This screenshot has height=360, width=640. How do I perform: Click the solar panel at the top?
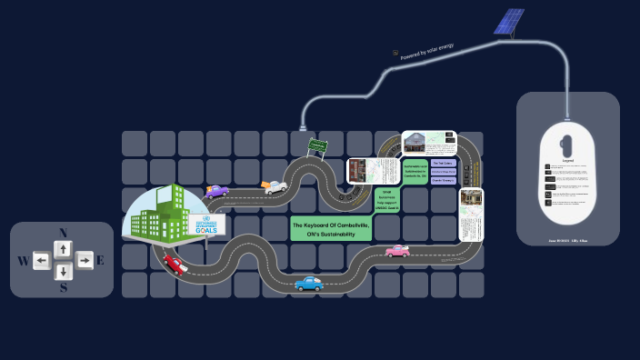(509, 22)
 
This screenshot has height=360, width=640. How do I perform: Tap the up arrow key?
(63, 248)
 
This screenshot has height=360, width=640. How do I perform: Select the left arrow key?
(42, 262)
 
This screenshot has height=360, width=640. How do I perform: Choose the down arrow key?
(63, 272)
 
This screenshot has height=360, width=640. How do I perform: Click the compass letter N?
(63, 233)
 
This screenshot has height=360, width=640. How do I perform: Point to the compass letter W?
(22, 262)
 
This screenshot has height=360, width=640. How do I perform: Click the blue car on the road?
(309, 284)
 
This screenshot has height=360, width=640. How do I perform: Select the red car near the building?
(175, 264)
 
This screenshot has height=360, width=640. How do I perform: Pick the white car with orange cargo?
(274, 186)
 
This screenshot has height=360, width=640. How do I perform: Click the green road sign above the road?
(316, 145)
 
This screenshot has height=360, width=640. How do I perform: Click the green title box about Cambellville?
(331, 229)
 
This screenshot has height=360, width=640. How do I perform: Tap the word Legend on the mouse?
(567, 160)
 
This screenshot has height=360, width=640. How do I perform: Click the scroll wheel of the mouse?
(567, 143)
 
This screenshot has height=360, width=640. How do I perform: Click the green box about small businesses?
(385, 199)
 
